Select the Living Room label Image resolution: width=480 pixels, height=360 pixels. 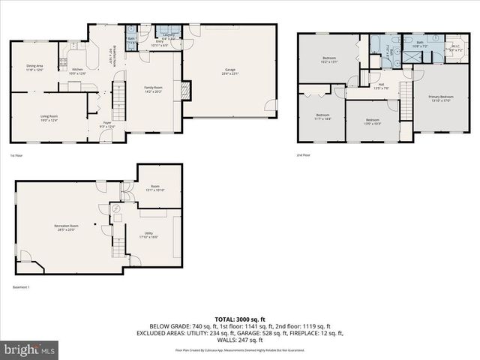pyautogui.click(x=49, y=117)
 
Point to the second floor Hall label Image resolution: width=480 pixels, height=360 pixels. pyautogui.click(x=381, y=85)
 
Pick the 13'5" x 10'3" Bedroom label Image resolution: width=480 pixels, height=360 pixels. pyautogui.click(x=373, y=121)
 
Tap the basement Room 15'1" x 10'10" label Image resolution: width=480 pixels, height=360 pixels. pyautogui.click(x=154, y=188)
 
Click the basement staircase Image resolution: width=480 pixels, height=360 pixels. pyautogui.click(x=118, y=244)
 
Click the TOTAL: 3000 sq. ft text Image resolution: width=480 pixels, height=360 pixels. pyautogui.click(x=240, y=319)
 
